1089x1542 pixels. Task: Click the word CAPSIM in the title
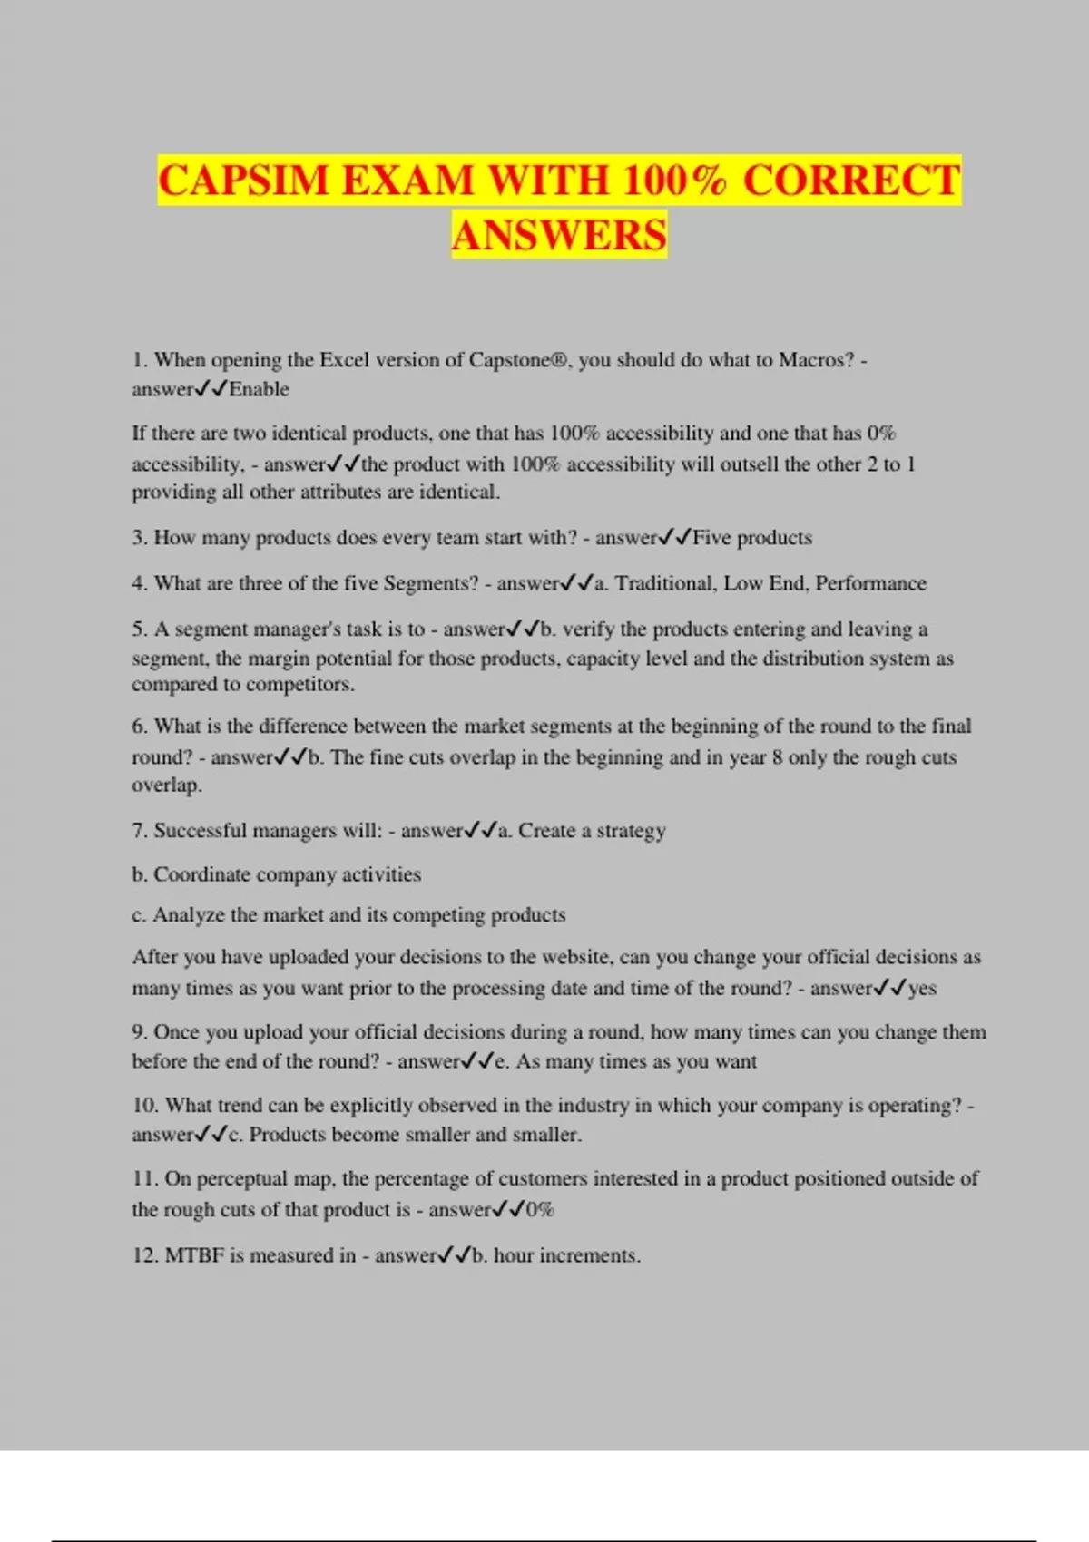242,180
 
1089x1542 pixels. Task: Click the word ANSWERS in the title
559,235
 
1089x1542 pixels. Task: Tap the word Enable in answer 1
259,389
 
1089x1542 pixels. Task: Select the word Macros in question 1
816,360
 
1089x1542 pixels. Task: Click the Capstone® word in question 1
519,360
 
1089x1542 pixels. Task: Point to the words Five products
752,538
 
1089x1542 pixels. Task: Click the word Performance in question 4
870,583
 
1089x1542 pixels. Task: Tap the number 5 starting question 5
137,629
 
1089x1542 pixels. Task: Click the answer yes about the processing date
922,988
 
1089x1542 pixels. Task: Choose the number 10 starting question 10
145,1106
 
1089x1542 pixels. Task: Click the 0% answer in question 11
540,1209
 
